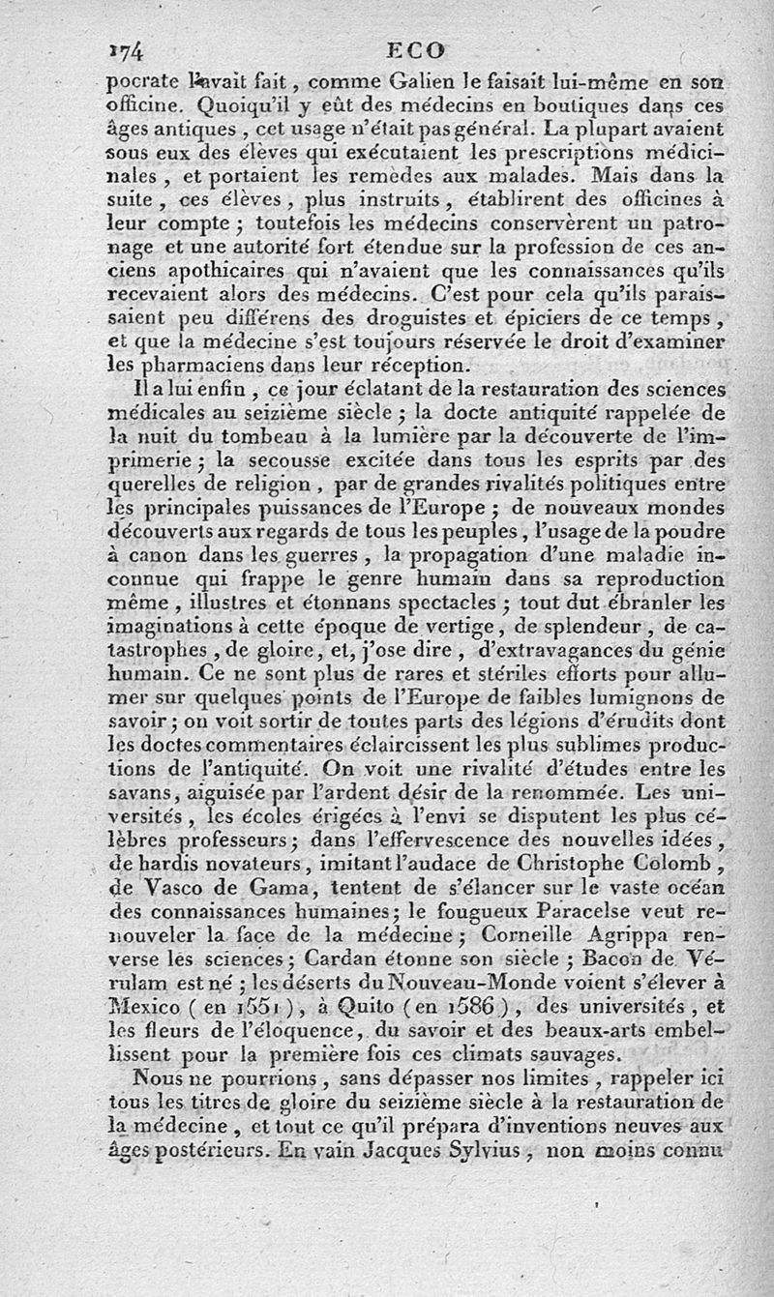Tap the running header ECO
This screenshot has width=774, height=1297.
tap(414, 50)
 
